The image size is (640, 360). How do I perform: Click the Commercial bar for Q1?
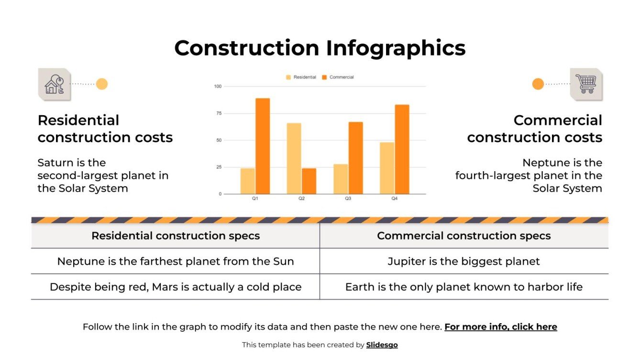pos(263,146)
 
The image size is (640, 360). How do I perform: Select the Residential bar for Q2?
pos(294,158)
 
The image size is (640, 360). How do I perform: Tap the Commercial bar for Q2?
pos(309,181)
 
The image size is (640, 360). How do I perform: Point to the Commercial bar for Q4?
pos(402,149)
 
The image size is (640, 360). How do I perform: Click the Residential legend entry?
pos(301,77)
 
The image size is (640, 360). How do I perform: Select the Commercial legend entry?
pos(338,77)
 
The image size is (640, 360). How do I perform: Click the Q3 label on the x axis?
pos(348,198)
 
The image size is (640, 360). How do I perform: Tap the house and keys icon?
pos(54,84)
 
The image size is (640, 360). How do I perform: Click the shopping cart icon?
pos(586,84)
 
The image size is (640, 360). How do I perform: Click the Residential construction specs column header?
pos(176,236)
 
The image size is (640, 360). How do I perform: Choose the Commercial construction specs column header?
pos(463,236)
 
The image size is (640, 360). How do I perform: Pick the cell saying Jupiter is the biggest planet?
pos(463,262)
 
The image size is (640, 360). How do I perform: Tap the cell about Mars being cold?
pos(176,287)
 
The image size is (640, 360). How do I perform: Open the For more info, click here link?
pos(500,327)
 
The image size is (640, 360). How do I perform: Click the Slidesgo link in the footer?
pos(382,345)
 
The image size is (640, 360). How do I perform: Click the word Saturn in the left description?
pos(55,163)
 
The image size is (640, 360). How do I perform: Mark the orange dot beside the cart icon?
pos(538,84)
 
